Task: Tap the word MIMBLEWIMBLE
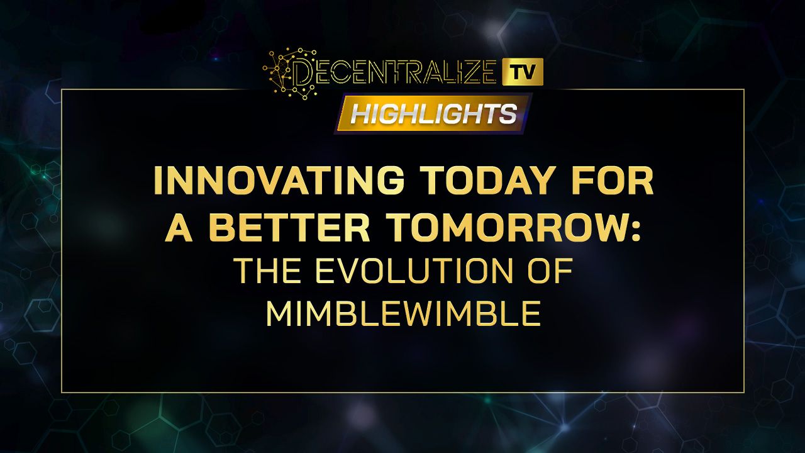click(403, 313)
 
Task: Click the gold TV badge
click(523, 72)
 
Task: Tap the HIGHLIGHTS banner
click(433, 114)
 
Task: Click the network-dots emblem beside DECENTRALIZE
click(290, 74)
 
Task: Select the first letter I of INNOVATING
click(158, 181)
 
